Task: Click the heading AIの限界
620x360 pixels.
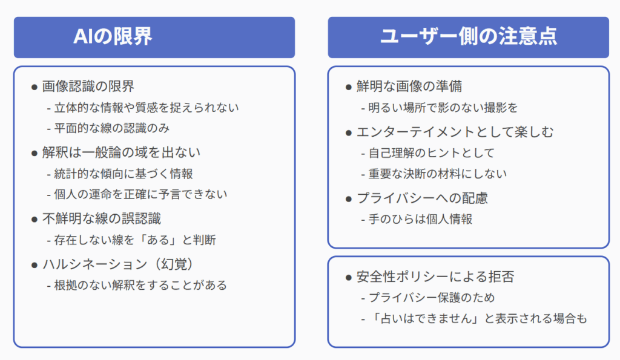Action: click(113, 37)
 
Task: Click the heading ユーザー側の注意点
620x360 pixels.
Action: click(469, 36)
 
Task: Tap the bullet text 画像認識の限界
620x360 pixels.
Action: click(88, 86)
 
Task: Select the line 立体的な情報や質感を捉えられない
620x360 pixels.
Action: click(147, 108)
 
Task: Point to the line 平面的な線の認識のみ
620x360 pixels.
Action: click(112, 128)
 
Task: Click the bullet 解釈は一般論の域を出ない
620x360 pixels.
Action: click(121, 152)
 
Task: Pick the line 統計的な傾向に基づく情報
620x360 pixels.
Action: click(124, 174)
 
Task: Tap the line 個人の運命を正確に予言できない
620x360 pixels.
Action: click(140, 194)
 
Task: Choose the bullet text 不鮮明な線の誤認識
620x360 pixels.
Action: click(102, 218)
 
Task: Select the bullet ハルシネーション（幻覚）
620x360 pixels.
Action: click(118, 264)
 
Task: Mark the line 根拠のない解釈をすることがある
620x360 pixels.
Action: click(140, 285)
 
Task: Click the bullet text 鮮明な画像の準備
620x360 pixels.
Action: click(409, 86)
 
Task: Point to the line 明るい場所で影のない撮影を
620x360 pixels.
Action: click(443, 108)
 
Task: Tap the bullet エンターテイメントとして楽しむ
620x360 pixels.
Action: click(455, 132)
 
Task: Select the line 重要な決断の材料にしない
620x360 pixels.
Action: click(437, 174)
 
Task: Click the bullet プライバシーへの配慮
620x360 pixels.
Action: click(422, 198)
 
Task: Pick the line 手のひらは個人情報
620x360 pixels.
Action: click(420, 219)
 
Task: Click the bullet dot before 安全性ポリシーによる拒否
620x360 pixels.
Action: click(348, 278)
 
